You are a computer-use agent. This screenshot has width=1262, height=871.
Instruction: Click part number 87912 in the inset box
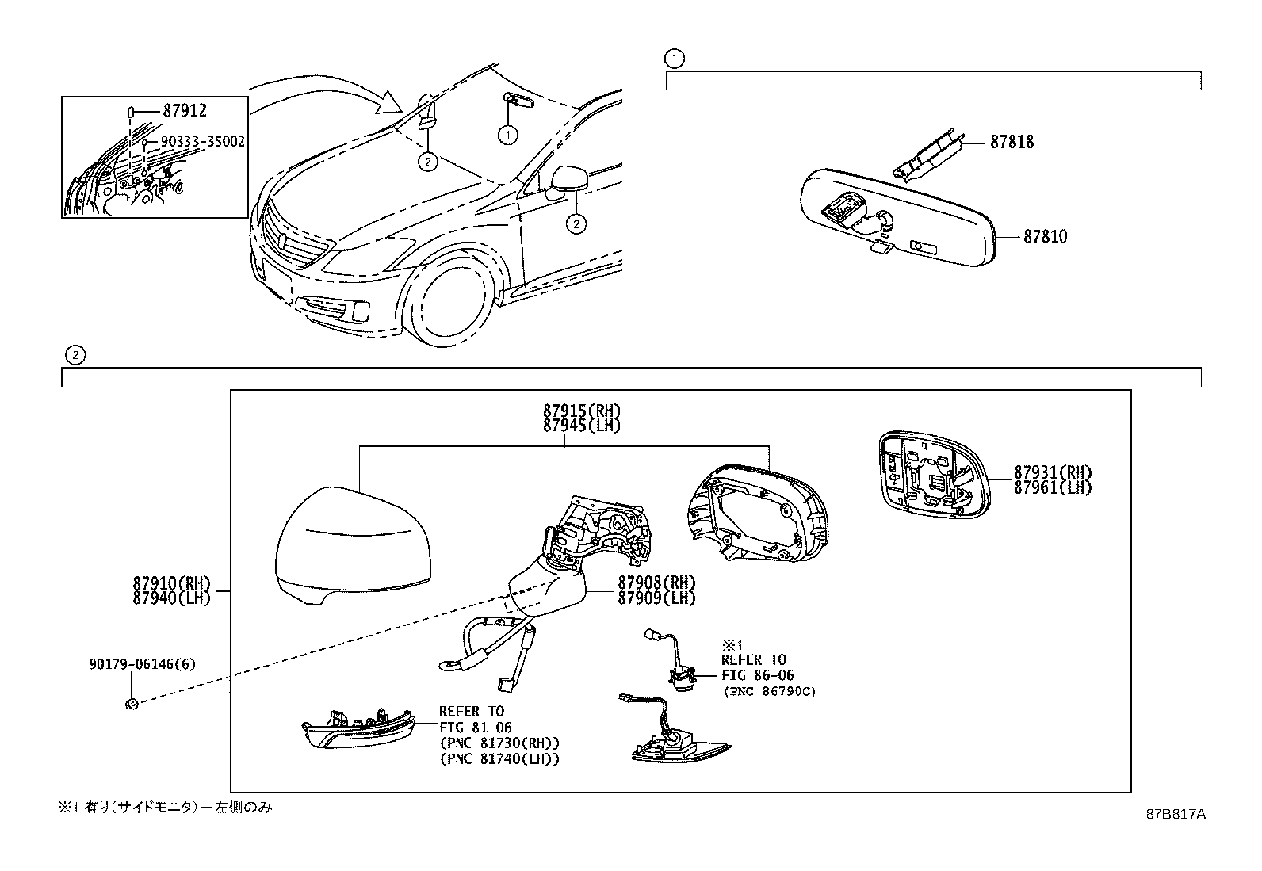[x=185, y=112]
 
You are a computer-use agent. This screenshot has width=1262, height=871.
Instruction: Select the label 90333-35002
[x=202, y=142]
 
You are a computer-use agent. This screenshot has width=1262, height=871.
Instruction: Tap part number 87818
[x=1012, y=143]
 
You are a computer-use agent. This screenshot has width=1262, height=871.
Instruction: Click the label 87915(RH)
[x=582, y=411]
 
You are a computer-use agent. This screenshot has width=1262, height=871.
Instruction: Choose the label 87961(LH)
[x=1053, y=488]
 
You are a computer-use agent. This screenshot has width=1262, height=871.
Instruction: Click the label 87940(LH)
[x=172, y=598]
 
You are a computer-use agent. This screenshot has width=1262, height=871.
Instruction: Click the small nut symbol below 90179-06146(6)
[x=132, y=703]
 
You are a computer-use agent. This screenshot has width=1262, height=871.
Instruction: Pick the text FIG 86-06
[x=757, y=676]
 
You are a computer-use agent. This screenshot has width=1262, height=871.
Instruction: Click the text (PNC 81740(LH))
[x=499, y=759]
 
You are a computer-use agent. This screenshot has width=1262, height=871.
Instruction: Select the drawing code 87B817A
[x=1174, y=814]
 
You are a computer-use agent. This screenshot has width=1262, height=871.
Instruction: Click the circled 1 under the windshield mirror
[x=507, y=135]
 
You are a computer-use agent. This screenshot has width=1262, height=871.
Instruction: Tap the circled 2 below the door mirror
[x=576, y=224]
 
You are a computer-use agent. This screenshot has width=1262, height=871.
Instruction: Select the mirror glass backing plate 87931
[x=934, y=474]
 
